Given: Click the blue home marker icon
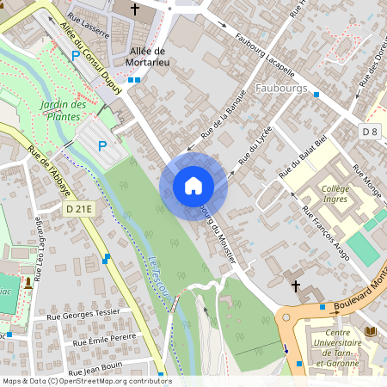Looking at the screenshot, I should (x=193, y=185).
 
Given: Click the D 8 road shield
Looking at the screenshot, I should (x=370, y=131).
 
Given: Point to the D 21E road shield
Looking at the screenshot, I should (x=77, y=208).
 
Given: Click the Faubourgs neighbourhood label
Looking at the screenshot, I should (x=281, y=88).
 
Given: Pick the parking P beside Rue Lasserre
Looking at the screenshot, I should (x=75, y=55).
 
